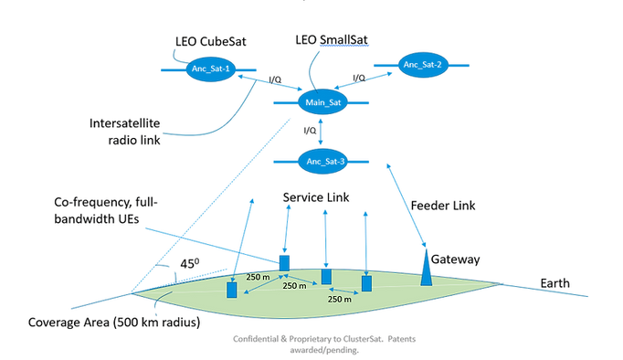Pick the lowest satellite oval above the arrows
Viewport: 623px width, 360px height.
tap(322, 162)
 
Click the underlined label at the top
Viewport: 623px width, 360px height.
tap(331, 38)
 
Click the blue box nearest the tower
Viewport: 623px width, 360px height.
tap(366, 283)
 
